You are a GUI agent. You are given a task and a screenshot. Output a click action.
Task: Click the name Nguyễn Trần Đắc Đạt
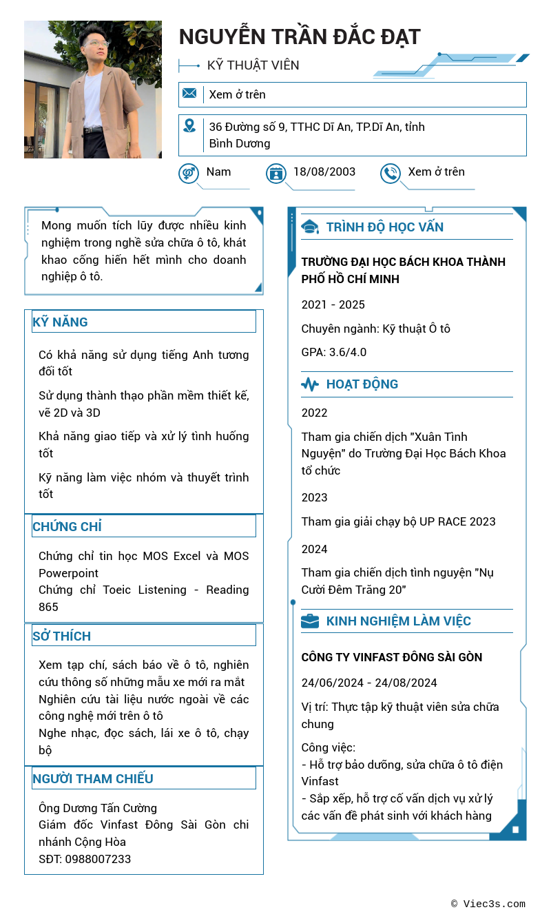tap(300, 37)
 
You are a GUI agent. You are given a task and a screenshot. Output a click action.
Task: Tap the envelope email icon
tap(189, 94)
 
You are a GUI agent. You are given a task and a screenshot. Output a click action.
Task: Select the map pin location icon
tap(189, 126)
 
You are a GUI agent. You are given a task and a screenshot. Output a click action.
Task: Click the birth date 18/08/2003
tap(324, 172)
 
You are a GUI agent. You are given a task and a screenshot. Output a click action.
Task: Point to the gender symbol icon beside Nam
tap(189, 173)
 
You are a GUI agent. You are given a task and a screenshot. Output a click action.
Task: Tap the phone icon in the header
tap(391, 173)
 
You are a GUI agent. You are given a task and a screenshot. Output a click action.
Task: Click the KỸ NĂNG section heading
tap(61, 322)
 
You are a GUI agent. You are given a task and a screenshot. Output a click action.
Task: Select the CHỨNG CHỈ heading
tap(67, 526)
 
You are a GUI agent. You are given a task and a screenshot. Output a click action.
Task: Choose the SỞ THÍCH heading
tap(62, 636)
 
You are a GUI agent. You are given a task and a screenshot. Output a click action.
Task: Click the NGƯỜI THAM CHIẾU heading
tap(93, 778)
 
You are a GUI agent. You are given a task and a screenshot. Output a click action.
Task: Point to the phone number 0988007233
tap(98, 859)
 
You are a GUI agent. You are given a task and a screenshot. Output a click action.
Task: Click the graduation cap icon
tap(310, 227)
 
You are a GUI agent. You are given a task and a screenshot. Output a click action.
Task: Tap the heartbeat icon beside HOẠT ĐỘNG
tap(310, 384)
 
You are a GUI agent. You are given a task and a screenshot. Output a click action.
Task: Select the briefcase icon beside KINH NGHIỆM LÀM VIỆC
tap(310, 621)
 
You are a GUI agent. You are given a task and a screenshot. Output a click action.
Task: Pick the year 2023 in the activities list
tap(314, 497)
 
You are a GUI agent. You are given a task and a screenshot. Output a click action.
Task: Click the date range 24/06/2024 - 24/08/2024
tap(369, 683)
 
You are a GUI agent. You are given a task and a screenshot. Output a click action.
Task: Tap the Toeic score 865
tap(48, 607)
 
